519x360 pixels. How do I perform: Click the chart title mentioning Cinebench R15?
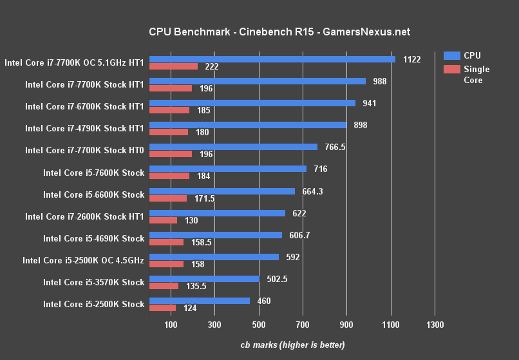coord(279,32)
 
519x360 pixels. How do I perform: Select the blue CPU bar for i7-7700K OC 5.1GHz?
coord(272,59)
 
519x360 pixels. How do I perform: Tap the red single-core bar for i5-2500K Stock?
coord(162,308)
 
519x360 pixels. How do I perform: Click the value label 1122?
coord(411,59)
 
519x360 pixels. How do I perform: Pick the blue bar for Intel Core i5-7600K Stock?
coord(227,169)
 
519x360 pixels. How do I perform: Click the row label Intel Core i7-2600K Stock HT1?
coord(84,216)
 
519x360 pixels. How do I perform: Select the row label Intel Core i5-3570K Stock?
coord(93,282)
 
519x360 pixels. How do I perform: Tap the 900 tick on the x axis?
coord(346,325)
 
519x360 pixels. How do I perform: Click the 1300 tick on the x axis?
coord(435,325)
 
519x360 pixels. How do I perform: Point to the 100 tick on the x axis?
coord(171,325)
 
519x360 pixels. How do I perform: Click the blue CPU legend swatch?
coord(451,55)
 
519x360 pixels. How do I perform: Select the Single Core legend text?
coord(477,75)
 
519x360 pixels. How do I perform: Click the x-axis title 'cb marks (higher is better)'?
coord(292,345)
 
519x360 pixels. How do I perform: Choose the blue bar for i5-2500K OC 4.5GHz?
coord(214,256)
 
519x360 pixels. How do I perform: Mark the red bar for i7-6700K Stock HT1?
coord(169,110)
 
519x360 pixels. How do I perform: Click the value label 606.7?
coord(299,235)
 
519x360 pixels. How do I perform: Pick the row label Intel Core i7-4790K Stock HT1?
coord(84,128)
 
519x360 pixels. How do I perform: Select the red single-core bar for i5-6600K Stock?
coord(167,198)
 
